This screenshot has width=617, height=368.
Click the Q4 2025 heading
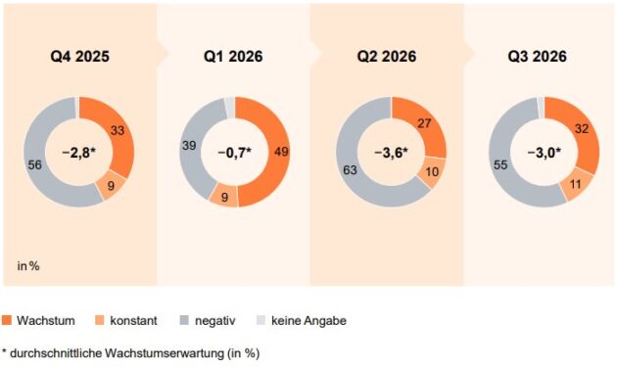click(x=80, y=56)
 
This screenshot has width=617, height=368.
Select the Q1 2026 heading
click(x=233, y=56)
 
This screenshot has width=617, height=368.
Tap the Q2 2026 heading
click(x=387, y=56)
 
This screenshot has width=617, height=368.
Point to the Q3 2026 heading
click(x=537, y=56)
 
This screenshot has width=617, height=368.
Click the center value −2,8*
click(x=79, y=152)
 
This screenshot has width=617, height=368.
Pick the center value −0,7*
click(x=234, y=152)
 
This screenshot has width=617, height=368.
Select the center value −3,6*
click(x=391, y=152)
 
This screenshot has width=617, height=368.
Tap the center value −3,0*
click(x=545, y=152)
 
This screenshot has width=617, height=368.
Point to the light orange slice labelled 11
click(x=576, y=184)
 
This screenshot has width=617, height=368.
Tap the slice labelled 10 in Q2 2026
click(x=432, y=172)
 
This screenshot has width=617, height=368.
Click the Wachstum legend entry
click(x=38, y=320)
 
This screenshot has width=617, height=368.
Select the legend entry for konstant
click(x=126, y=320)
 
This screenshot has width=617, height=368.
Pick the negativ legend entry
click(x=208, y=320)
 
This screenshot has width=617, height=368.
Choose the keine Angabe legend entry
click(x=302, y=320)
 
